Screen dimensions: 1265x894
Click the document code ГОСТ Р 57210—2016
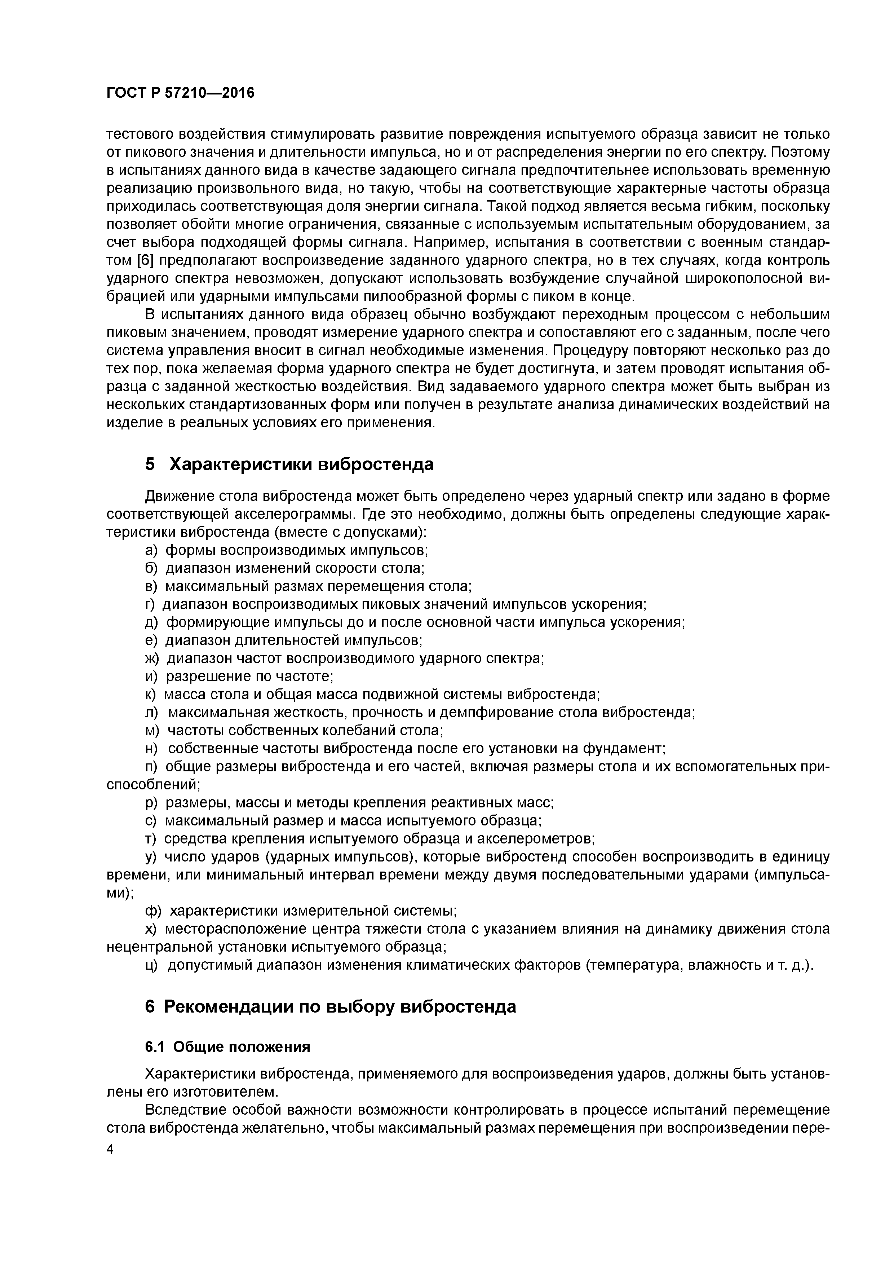[x=181, y=93]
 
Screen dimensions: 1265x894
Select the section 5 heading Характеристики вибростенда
[x=289, y=464]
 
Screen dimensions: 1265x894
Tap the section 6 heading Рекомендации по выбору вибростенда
[x=331, y=1006]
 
